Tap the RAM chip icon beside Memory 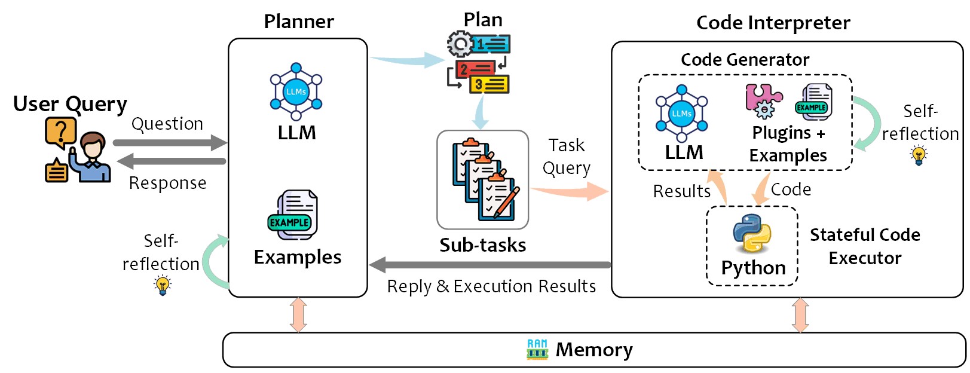537,349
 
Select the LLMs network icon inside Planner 296,91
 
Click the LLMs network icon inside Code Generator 681,113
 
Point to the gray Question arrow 170,142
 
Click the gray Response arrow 171,161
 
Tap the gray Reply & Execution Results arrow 490,265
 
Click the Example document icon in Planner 292,215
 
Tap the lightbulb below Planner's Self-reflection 162,285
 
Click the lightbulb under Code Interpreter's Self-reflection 919,155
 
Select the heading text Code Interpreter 773,23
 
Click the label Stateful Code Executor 864,246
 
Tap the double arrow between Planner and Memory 298,315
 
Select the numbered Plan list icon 479,63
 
